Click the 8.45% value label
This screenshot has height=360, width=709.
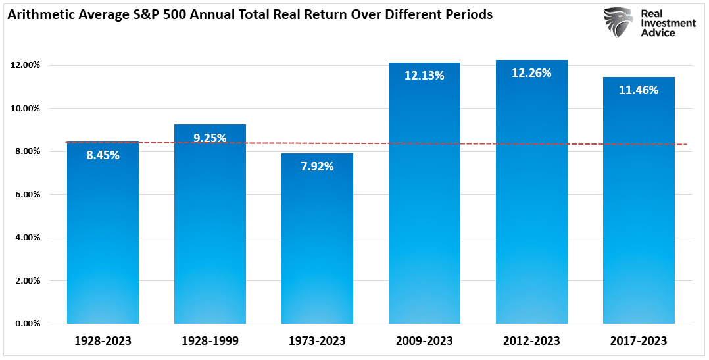tap(103, 156)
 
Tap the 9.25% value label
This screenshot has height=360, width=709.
tap(210, 138)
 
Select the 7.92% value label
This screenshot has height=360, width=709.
tap(317, 167)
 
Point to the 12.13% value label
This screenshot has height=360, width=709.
tap(424, 76)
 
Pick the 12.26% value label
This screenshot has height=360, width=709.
tap(531, 73)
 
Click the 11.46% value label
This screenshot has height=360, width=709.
tap(639, 90)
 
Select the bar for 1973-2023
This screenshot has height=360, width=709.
tap(317, 244)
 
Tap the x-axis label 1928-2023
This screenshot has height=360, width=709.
tap(103, 341)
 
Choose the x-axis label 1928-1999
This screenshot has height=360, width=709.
tap(210, 341)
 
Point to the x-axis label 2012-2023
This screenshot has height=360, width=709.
tap(531, 341)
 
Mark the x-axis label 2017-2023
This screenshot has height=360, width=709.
tap(639, 341)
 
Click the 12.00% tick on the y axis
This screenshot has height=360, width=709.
tap(26, 65)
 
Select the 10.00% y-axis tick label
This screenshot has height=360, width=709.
tap(26, 108)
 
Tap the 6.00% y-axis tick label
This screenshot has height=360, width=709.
tap(28, 195)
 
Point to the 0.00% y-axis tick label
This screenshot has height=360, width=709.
tap(28, 324)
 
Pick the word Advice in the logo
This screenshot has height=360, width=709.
tap(658, 33)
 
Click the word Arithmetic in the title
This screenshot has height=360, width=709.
tap(39, 14)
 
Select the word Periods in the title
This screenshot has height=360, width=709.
tap(470, 14)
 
